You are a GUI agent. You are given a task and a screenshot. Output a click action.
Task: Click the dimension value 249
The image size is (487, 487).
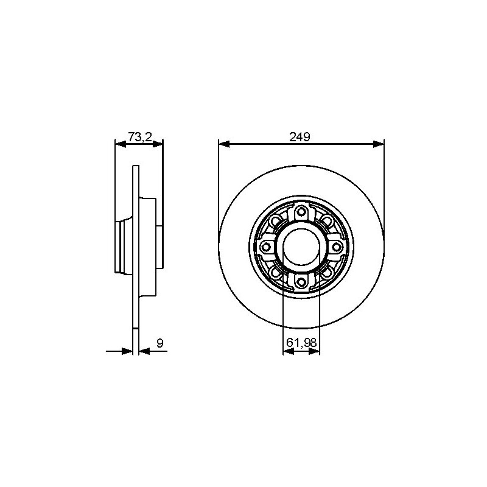click(300, 136)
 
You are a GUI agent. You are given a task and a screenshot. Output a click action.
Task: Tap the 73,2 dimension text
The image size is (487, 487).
click(140, 136)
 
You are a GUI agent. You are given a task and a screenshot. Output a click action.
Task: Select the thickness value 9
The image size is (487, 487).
click(160, 343)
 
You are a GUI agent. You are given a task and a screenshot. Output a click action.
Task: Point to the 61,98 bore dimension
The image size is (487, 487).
click(301, 343)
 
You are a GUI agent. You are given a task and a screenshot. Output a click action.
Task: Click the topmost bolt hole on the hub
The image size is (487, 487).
click(301, 212)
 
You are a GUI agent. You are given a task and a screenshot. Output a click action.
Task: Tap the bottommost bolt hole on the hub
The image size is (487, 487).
click(301, 282)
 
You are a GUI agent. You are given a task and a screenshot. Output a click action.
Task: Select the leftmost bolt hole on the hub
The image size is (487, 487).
click(266, 247)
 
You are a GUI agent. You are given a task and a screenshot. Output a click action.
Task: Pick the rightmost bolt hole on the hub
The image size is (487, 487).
click(336, 247)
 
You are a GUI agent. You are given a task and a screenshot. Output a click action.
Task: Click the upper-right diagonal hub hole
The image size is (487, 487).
click(326, 221)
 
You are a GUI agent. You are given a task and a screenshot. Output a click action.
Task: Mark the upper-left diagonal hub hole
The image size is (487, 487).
click(275, 221)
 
